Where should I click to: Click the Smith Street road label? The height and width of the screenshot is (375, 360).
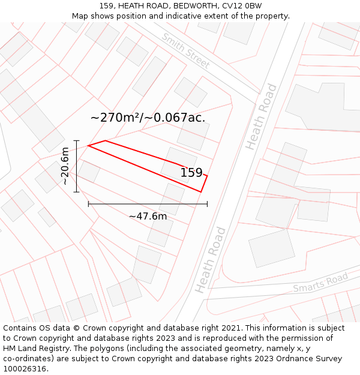[185, 50]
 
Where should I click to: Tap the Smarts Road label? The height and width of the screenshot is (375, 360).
[320, 283]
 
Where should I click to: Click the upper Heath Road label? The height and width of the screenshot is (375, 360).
[262, 116]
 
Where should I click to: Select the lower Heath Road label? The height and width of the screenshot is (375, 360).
[211, 259]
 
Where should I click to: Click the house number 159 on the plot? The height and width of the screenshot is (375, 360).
[191, 173]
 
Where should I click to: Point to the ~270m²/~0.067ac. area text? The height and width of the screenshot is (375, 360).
[148, 118]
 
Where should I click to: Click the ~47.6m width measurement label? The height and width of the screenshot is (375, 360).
[148, 216]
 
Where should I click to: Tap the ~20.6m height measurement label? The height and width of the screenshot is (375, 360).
[65, 166]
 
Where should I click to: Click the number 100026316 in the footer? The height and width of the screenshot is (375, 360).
[24, 369]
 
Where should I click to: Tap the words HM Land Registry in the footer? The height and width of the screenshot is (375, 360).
[35, 349]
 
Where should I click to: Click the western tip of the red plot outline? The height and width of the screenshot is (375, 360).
[89, 145]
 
